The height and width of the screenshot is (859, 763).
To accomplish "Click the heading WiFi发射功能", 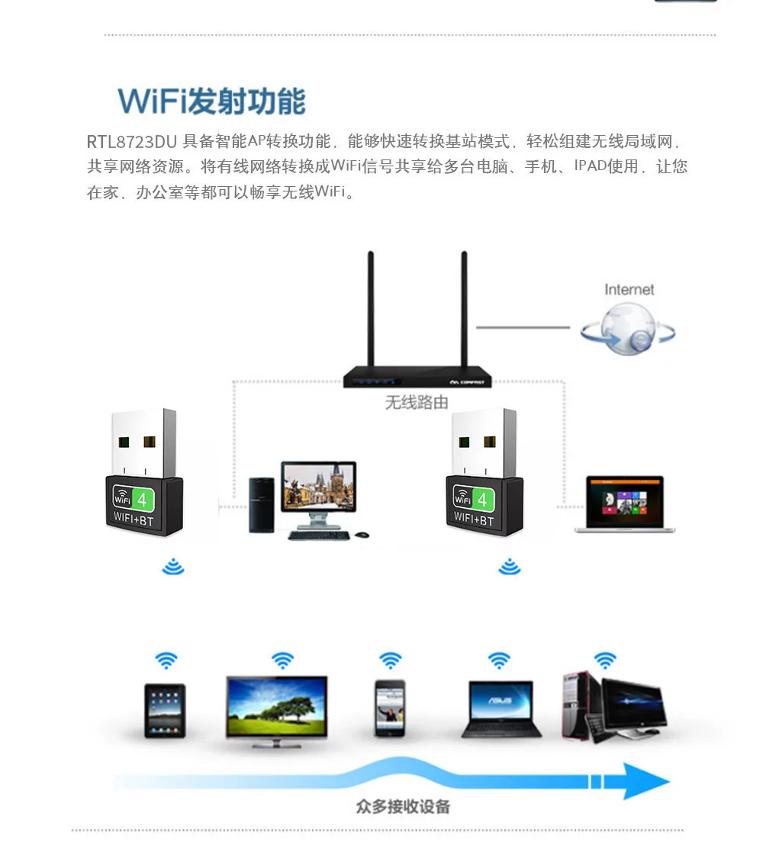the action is [x=212, y=101].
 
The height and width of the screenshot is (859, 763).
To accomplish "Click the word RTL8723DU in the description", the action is [x=131, y=142].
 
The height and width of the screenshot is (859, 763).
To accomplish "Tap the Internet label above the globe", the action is [x=629, y=289].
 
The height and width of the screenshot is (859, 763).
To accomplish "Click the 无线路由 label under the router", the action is [x=417, y=402].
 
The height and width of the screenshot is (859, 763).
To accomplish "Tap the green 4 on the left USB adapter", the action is [x=142, y=499].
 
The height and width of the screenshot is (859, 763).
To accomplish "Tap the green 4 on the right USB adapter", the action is [x=482, y=499].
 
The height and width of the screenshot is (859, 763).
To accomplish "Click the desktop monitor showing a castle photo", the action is [x=318, y=489].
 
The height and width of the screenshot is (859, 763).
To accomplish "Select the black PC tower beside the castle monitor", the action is [x=261, y=504].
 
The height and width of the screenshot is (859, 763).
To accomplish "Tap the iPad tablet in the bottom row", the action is [x=165, y=710].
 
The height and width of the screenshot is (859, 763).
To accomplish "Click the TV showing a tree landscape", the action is [x=276, y=705].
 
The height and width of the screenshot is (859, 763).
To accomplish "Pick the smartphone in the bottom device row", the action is [x=389, y=708].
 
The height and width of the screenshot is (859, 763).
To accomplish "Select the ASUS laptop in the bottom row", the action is [x=501, y=709].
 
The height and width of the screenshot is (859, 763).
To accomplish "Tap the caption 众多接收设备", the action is [x=402, y=806].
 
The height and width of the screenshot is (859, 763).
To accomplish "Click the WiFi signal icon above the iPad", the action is [x=166, y=660].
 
